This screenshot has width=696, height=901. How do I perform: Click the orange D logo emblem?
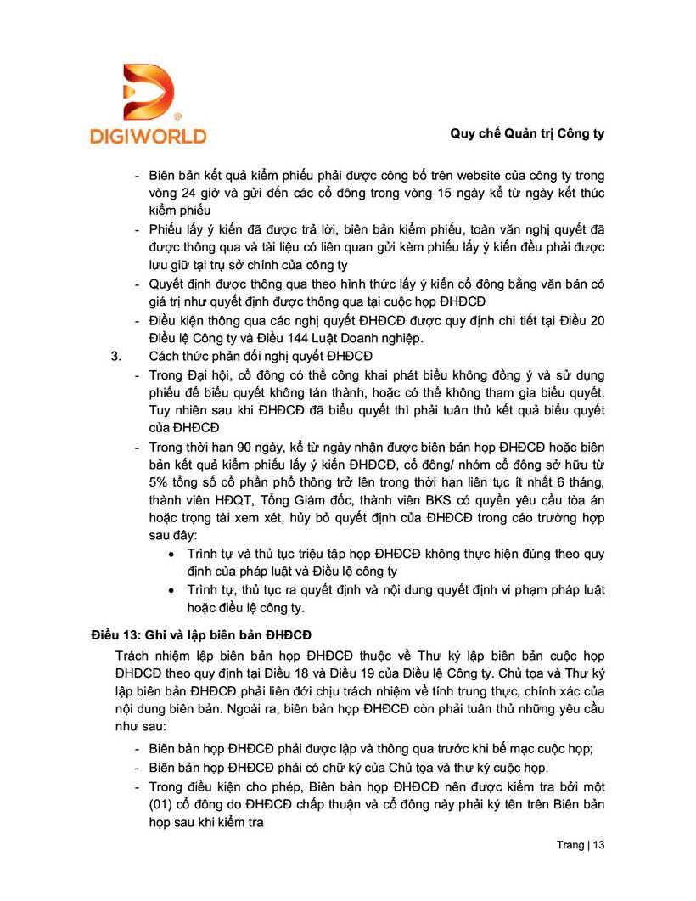click(149, 91)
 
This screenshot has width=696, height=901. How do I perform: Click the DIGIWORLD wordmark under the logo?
click(149, 135)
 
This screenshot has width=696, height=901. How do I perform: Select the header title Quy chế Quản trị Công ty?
click(526, 134)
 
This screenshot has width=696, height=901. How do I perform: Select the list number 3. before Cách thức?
click(117, 355)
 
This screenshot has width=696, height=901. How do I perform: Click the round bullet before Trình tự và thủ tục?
click(172, 554)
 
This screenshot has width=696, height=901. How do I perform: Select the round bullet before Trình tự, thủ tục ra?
click(172, 590)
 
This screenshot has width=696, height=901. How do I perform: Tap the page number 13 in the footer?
click(599, 846)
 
